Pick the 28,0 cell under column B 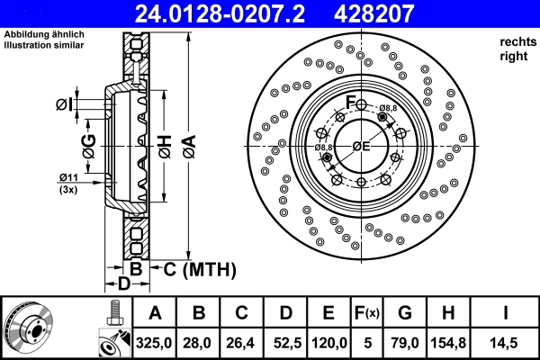[200, 342]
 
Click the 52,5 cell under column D [286, 342]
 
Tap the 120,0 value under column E [329, 342]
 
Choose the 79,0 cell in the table [405, 342]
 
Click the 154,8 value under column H [449, 342]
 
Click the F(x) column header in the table [367, 313]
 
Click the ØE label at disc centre [361, 146]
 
